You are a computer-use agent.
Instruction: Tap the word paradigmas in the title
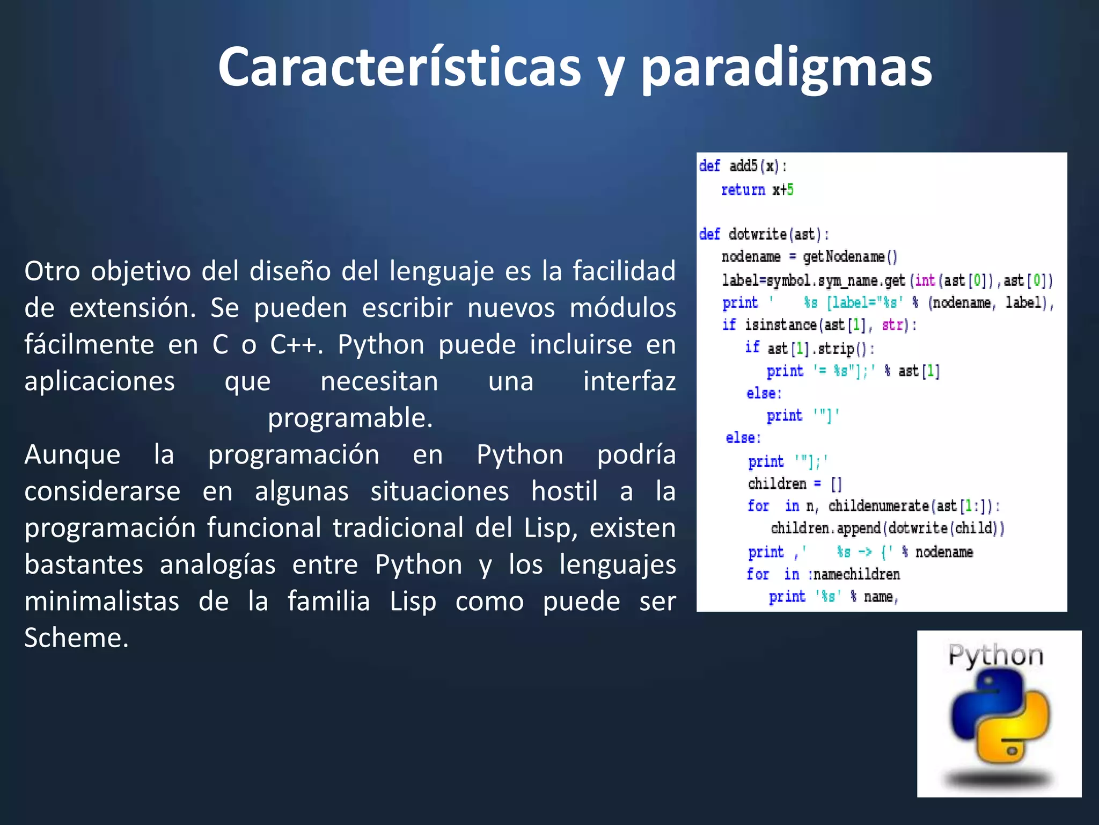pyautogui.click(x=787, y=69)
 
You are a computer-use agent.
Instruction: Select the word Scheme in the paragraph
pyautogui.click(x=76, y=638)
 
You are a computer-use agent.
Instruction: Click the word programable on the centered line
pyautogui.click(x=350, y=418)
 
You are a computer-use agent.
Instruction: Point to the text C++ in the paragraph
pyautogui.click(x=296, y=344)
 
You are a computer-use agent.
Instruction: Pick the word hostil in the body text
pyautogui.click(x=564, y=491)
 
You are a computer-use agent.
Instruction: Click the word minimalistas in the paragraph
pyautogui.click(x=102, y=601)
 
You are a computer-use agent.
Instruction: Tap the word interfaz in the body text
pyautogui.click(x=629, y=381)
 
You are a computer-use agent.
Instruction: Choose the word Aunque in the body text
pyautogui.click(x=72, y=454)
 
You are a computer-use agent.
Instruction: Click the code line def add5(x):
pyautogui.click(x=743, y=166)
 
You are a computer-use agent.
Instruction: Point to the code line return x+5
pyautogui.click(x=757, y=190)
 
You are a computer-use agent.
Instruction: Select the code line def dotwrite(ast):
pyautogui.click(x=764, y=234)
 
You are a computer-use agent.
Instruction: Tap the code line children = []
pyautogui.click(x=795, y=484)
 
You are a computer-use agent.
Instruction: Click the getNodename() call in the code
pyautogui.click(x=850, y=257)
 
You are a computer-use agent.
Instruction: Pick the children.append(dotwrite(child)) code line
pyautogui.click(x=887, y=529)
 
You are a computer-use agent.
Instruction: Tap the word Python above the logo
pyautogui.click(x=995, y=656)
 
